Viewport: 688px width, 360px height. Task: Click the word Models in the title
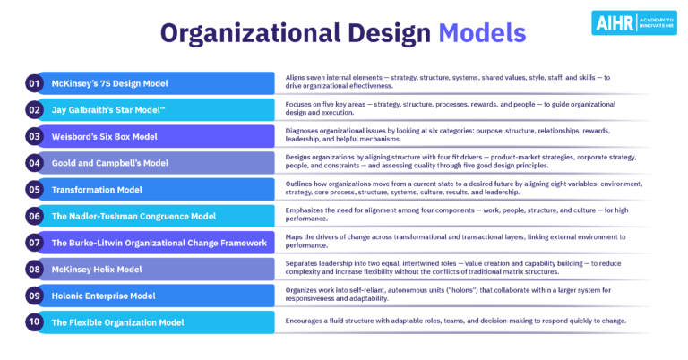click(x=482, y=33)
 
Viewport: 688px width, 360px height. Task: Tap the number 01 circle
click(x=35, y=83)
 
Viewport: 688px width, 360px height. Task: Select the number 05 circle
click(x=35, y=189)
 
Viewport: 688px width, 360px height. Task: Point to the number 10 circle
click(x=35, y=321)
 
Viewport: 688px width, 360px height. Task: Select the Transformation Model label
click(x=98, y=189)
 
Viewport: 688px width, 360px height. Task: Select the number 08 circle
click(x=35, y=268)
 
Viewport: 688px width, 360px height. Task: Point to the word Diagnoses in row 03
click(x=304, y=131)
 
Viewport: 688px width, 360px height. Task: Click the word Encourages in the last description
click(x=306, y=321)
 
